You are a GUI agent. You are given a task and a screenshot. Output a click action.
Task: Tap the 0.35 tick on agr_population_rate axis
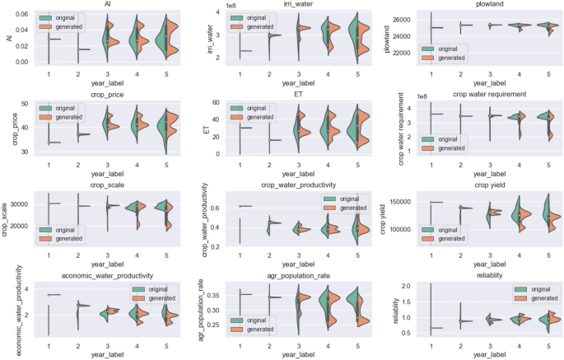coord(216,294)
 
